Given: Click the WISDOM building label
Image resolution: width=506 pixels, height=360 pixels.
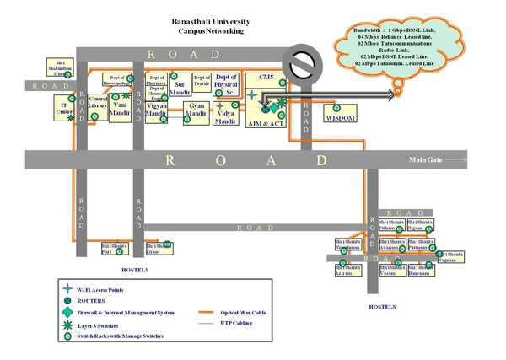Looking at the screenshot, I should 341,118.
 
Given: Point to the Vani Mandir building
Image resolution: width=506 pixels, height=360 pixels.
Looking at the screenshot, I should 120,110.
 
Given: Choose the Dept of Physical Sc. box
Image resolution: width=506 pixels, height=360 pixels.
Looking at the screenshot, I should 227,84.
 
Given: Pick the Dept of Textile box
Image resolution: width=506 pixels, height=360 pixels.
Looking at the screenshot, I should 202,82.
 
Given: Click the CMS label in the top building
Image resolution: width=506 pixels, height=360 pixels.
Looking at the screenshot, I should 266,78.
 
